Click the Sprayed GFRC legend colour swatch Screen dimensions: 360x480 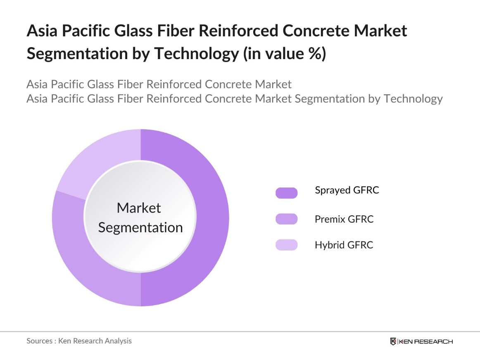(286, 193)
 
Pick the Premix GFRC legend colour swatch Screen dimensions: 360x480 (286, 219)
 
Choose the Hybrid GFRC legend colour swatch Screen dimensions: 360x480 (286, 245)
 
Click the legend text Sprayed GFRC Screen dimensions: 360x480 (347, 190)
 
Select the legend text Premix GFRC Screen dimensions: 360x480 (344, 219)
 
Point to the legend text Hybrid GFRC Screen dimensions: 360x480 (344, 245)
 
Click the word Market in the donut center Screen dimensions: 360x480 (139, 207)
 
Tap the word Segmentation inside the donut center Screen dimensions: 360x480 (140, 227)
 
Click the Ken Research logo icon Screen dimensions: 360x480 (393, 341)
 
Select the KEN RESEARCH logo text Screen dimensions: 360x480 (425, 341)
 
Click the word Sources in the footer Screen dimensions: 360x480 (40, 341)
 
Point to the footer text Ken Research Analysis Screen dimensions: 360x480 (95, 341)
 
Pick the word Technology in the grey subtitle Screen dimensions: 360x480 (413, 99)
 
